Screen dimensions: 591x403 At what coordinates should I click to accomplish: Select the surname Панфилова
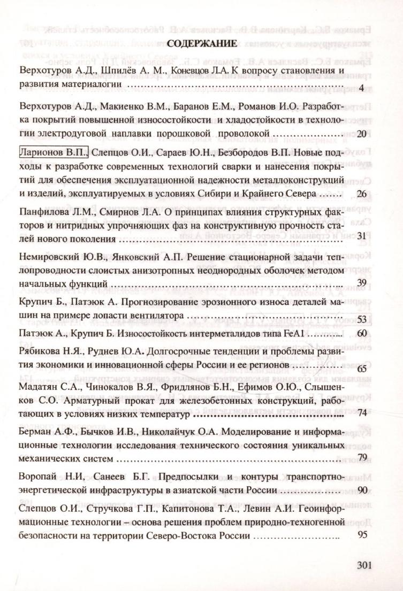pyautogui.click(x=44, y=210)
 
